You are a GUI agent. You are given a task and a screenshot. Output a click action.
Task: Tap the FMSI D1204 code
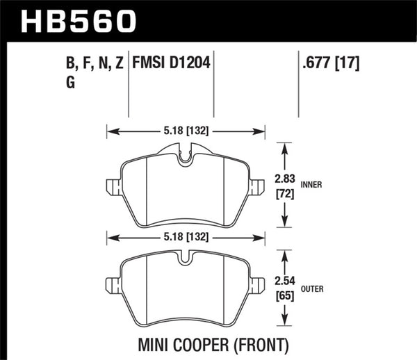point(172,65)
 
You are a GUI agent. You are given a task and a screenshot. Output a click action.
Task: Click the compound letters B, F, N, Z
point(92,65)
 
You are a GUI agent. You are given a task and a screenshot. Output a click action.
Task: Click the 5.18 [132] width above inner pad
point(186,129)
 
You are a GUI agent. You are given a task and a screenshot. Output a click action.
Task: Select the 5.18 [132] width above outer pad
point(186,237)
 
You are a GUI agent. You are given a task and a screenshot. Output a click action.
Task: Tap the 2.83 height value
point(286,179)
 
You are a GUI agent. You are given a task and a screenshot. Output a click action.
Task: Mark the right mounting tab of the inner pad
point(259,186)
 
